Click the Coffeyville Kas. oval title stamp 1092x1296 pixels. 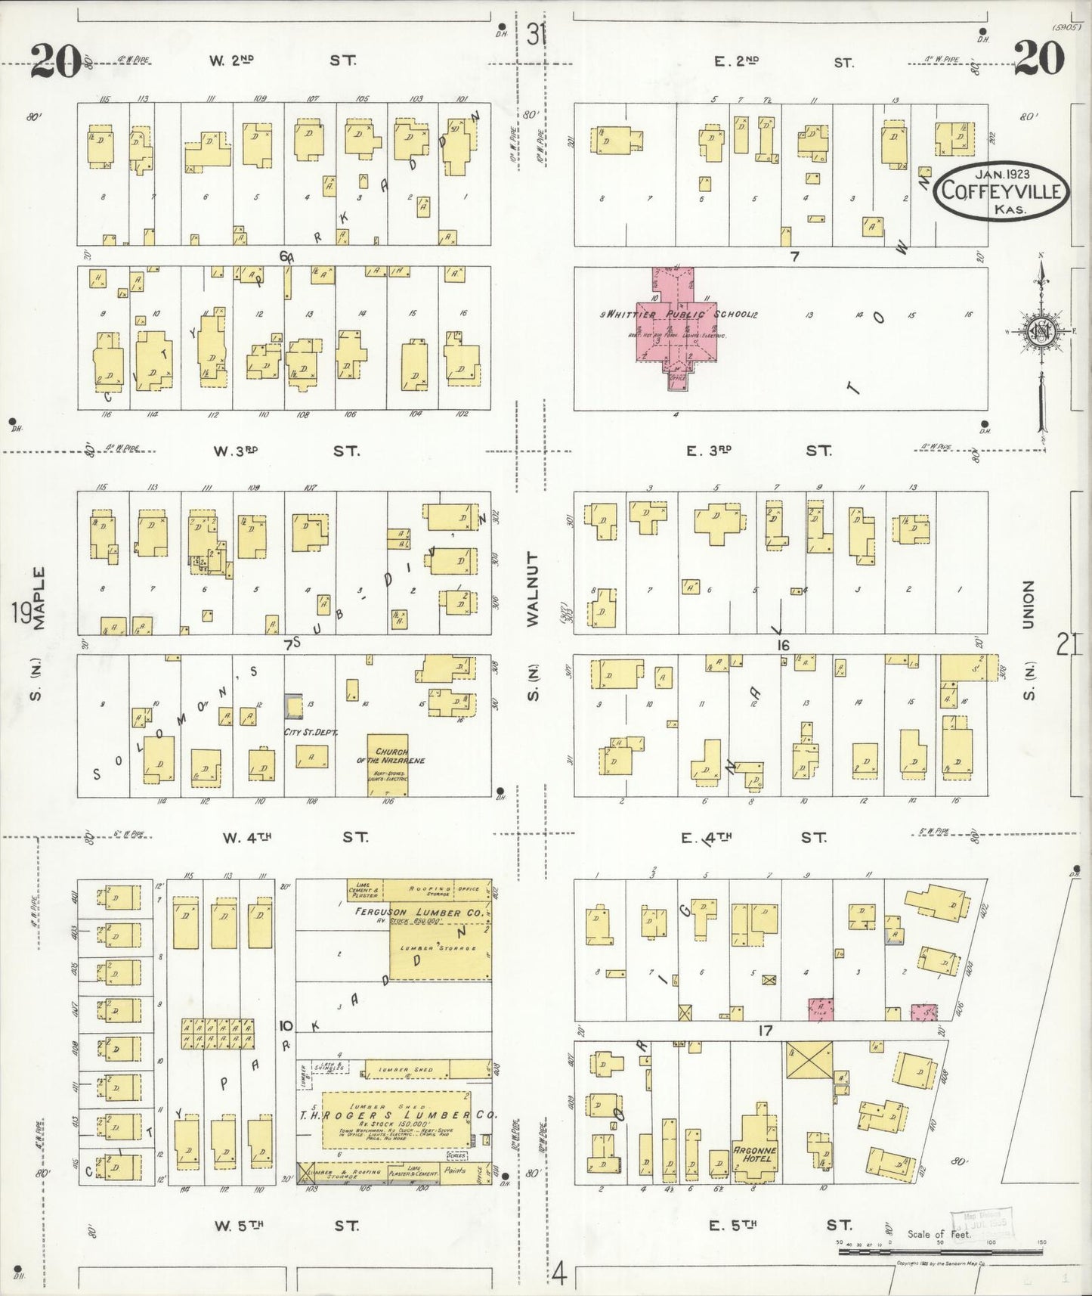pos(1002,193)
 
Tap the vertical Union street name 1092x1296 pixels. pos(1026,604)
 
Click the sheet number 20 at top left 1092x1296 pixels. pos(54,60)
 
